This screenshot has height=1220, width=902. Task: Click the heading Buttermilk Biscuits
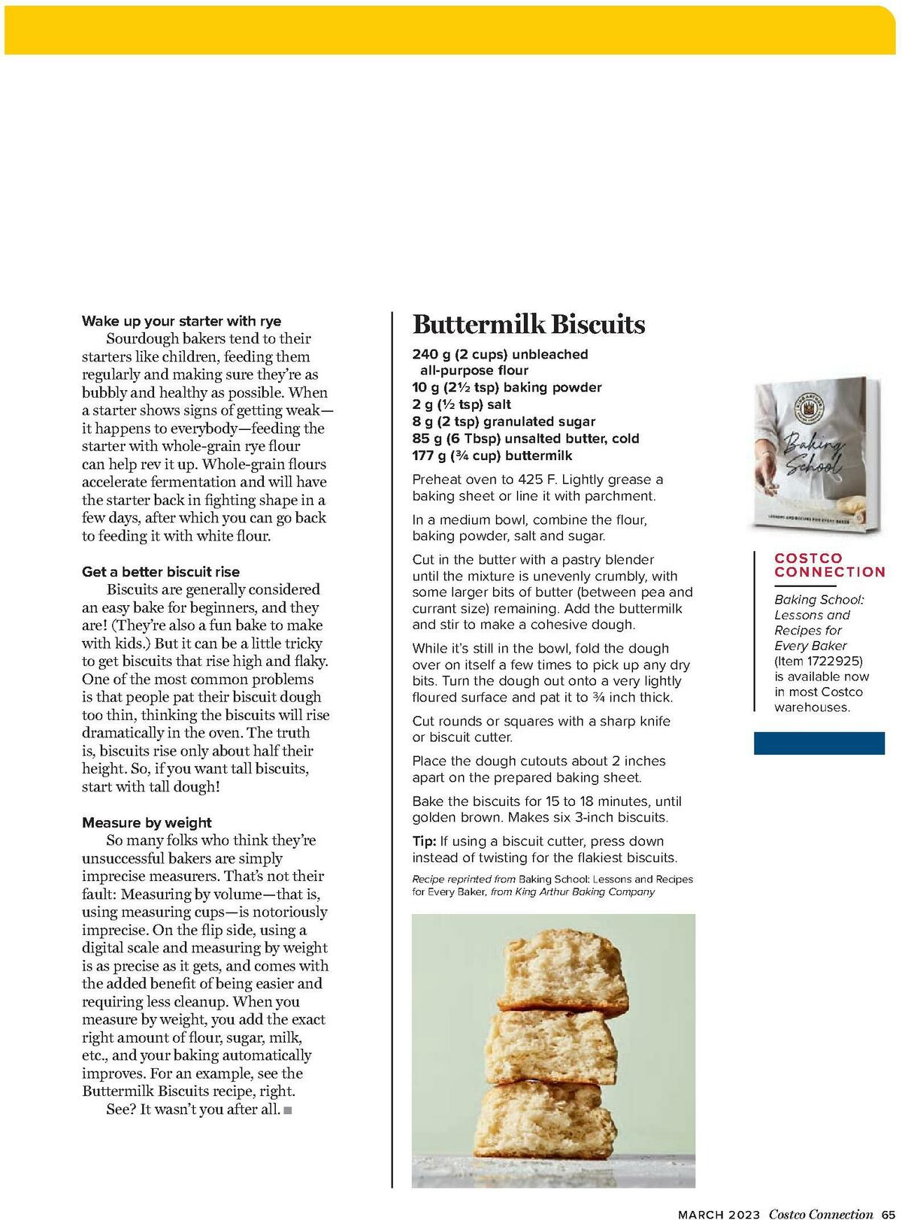coord(528,325)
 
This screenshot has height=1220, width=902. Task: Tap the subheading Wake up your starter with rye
coord(181,321)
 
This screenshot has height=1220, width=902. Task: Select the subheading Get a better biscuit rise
coord(161,572)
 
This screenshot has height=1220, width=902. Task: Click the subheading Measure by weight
coord(147,822)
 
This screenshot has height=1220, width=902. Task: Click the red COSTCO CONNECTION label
coord(829,565)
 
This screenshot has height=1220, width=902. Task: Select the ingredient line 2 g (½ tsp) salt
coord(462,404)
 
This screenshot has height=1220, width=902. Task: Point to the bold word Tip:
coord(424,841)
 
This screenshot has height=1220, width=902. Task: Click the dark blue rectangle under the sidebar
coord(819,743)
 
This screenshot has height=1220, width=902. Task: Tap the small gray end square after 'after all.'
coord(287,1110)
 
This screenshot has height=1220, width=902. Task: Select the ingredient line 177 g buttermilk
coord(492,456)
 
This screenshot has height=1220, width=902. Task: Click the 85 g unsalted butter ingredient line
coord(525,438)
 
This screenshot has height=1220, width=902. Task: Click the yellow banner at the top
coord(451,30)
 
